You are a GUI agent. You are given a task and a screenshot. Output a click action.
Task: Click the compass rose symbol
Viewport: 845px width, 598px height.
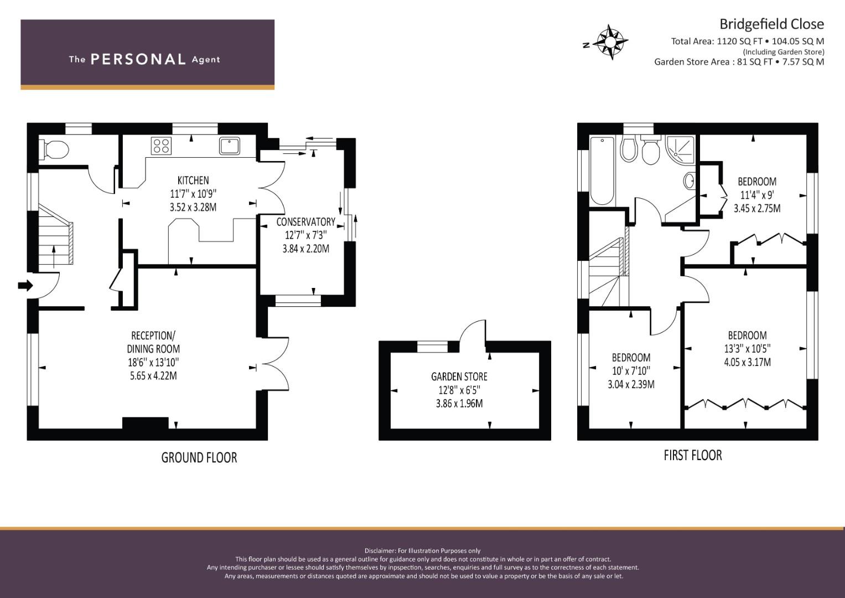click(x=610, y=42)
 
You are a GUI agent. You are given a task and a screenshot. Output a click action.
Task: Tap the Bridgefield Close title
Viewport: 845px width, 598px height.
click(x=771, y=24)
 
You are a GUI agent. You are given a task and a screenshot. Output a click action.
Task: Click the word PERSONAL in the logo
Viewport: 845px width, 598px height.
click(x=138, y=59)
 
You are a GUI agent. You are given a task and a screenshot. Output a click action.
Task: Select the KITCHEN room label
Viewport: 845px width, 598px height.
click(x=193, y=180)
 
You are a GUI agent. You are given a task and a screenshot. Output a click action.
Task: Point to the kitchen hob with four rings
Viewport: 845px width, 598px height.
click(x=161, y=146)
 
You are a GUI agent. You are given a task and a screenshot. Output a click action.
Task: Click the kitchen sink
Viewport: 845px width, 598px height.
click(x=229, y=146)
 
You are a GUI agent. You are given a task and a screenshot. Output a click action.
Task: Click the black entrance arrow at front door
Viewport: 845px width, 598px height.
click(x=25, y=285)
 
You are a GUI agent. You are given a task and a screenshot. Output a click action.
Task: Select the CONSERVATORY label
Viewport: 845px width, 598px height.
click(x=305, y=222)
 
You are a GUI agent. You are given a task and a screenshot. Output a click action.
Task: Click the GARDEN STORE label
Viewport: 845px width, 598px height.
click(x=459, y=377)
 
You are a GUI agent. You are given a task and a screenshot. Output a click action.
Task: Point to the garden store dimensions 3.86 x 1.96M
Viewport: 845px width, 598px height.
click(x=459, y=404)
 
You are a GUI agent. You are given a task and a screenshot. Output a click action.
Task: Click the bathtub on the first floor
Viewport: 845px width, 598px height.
click(x=602, y=172)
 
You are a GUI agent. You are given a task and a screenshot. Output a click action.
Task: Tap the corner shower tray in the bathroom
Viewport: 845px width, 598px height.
click(x=680, y=150)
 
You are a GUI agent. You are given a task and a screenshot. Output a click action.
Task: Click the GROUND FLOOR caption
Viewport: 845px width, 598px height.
click(x=199, y=457)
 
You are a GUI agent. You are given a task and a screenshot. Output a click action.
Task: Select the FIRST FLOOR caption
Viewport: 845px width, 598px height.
click(x=693, y=455)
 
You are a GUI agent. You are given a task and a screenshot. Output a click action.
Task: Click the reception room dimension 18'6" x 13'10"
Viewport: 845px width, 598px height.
click(x=153, y=363)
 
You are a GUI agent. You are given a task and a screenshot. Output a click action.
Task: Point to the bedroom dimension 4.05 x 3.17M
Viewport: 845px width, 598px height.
click(x=747, y=362)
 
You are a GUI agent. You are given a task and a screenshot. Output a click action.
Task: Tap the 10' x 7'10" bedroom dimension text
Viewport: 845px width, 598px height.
click(x=631, y=371)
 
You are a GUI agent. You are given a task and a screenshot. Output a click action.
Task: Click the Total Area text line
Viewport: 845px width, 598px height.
click(x=747, y=42)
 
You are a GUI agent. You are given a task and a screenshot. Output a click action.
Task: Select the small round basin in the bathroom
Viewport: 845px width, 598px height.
click(x=689, y=181)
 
